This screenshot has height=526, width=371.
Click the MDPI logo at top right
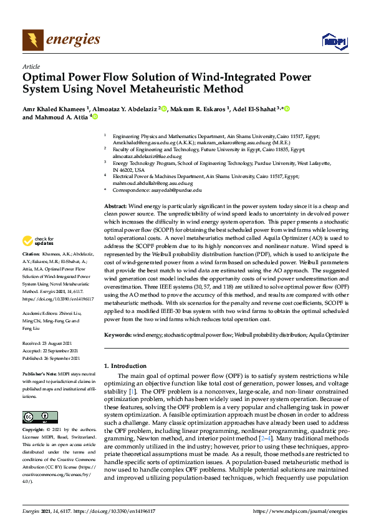tap(334, 41)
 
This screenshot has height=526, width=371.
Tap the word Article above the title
tap(31, 66)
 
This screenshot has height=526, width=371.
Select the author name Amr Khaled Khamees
tap(55, 109)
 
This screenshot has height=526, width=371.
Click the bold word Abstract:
tap(115, 206)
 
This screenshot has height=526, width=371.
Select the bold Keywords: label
tap(118, 335)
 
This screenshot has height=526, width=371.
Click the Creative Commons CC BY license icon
tap(36, 417)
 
